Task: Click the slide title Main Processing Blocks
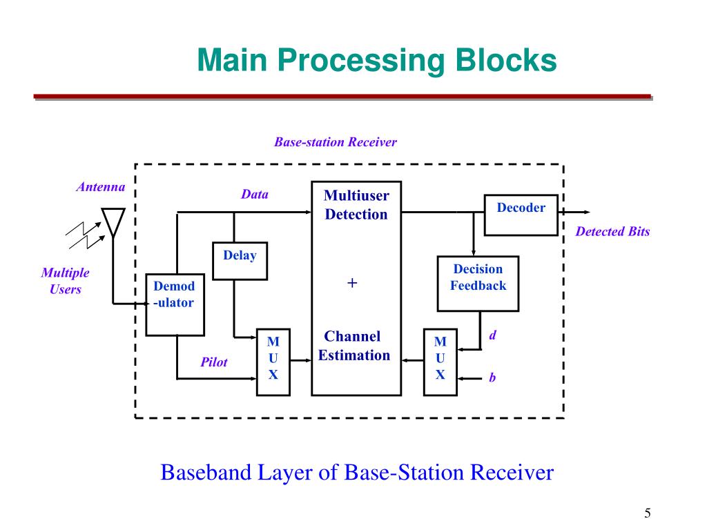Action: (x=376, y=60)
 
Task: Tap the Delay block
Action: (x=240, y=260)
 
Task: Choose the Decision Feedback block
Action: (x=478, y=283)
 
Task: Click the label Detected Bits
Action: (x=612, y=232)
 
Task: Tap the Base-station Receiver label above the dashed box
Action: (x=336, y=142)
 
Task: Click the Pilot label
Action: (x=214, y=362)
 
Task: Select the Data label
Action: (x=254, y=195)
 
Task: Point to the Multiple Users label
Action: (x=66, y=281)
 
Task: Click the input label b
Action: (x=492, y=379)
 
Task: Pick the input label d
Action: (x=493, y=335)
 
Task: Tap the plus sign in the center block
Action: (x=352, y=283)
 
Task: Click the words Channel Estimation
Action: (x=353, y=346)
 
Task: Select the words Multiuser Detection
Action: (x=356, y=205)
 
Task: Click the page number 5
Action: (x=648, y=513)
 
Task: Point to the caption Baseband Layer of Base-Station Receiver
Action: (x=357, y=473)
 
